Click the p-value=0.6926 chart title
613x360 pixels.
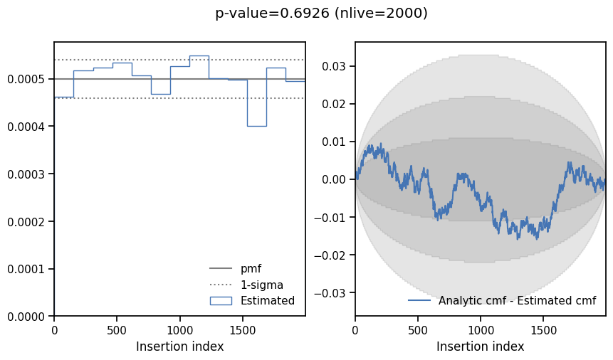click(321, 13)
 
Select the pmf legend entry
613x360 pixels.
click(251, 269)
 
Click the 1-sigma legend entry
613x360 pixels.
click(261, 285)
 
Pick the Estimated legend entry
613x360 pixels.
click(267, 300)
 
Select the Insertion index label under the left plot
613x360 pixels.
click(179, 346)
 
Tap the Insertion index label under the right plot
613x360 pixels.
click(480, 346)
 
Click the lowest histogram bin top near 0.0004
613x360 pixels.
click(256, 126)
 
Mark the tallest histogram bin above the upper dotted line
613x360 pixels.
click(199, 55)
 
